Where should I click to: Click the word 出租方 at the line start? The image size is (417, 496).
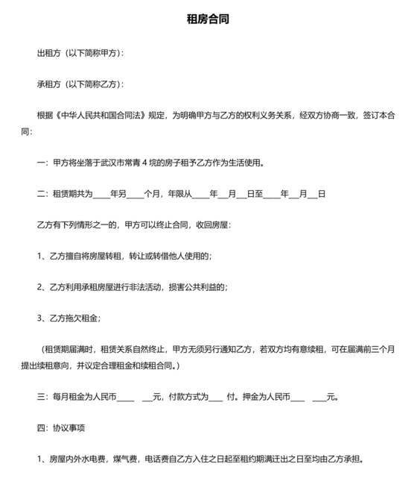pos(50,53)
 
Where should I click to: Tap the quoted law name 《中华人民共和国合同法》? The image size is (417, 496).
pos(101,116)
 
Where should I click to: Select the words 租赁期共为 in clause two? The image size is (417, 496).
pos(71,194)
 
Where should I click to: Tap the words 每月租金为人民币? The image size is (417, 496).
pos(84,397)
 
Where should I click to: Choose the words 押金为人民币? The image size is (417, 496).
pos(265,397)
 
